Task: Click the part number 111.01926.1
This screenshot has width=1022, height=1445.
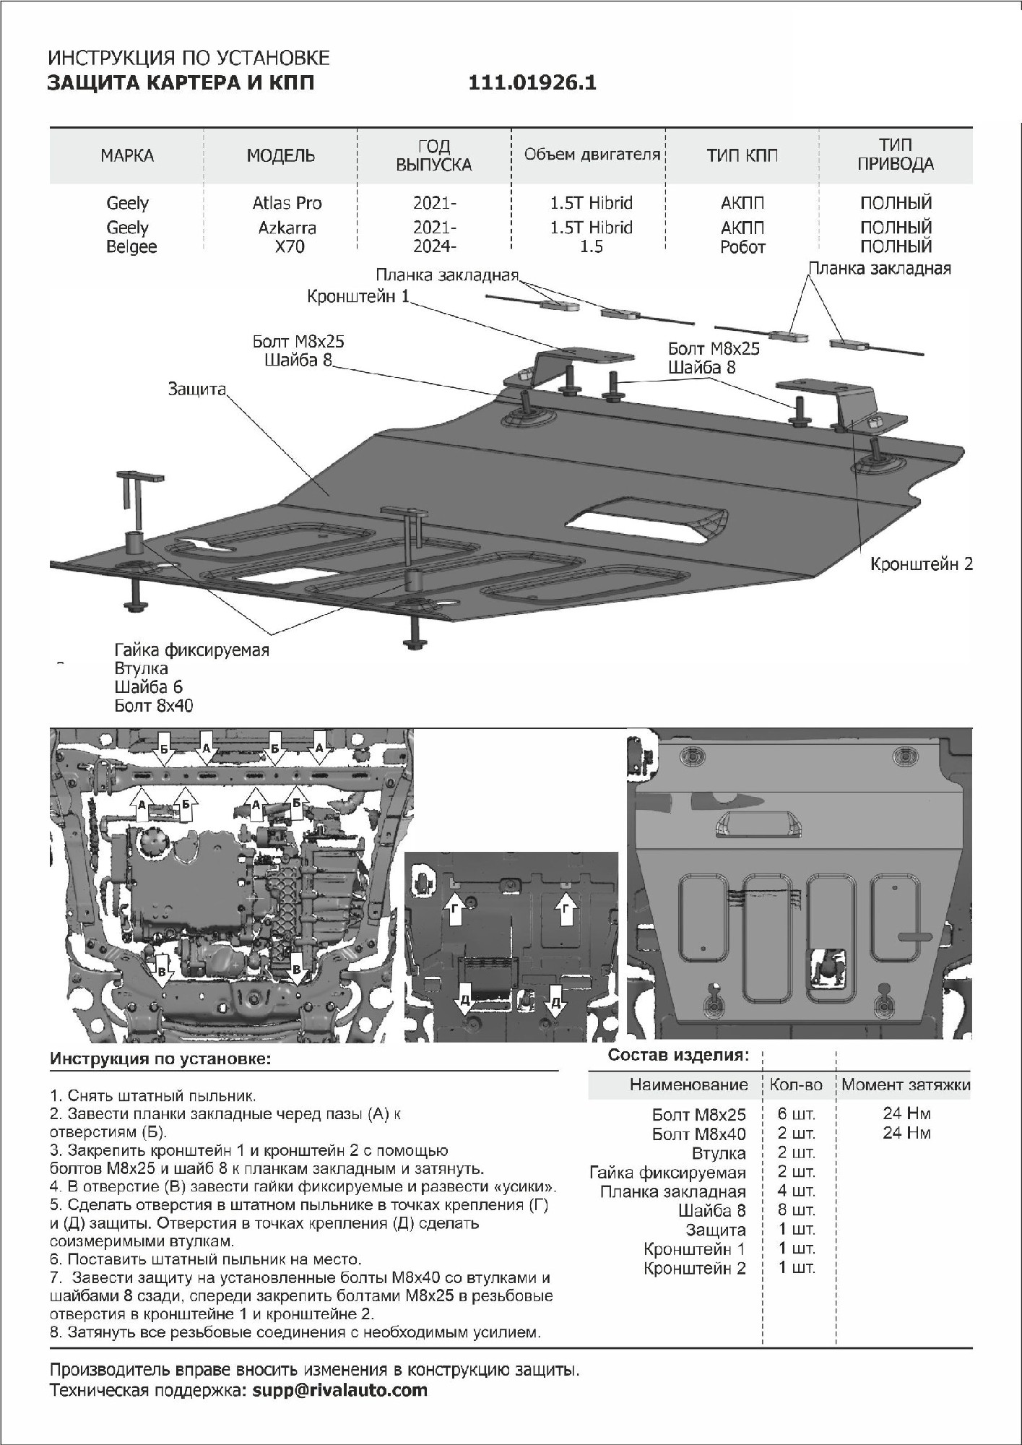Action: [x=532, y=83]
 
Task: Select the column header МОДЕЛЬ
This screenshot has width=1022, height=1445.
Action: [x=281, y=155]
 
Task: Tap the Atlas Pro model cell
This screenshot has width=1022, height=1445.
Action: [x=287, y=203]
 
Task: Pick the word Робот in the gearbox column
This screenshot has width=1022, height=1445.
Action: [x=742, y=247]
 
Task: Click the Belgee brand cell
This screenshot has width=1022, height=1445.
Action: [x=131, y=247]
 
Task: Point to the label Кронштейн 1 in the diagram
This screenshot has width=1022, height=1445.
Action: [x=358, y=296]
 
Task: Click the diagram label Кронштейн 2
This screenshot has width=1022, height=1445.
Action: [x=921, y=564]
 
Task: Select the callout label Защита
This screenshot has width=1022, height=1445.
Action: [x=196, y=389]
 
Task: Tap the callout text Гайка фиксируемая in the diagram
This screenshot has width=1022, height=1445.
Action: [x=191, y=650]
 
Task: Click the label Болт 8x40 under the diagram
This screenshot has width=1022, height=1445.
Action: [x=154, y=706]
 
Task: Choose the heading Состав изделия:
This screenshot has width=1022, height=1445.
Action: [x=677, y=1055]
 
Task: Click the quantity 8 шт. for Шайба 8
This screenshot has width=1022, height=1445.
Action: [x=796, y=1210]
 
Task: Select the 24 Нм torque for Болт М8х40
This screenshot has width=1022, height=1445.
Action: [x=906, y=1133]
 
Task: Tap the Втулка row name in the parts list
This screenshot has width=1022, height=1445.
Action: [x=718, y=1153]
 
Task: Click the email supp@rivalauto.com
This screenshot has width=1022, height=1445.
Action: [x=339, y=1389]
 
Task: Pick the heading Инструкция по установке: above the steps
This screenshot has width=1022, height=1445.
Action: [x=160, y=1059]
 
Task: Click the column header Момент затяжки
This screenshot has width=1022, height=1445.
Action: [x=906, y=1084]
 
